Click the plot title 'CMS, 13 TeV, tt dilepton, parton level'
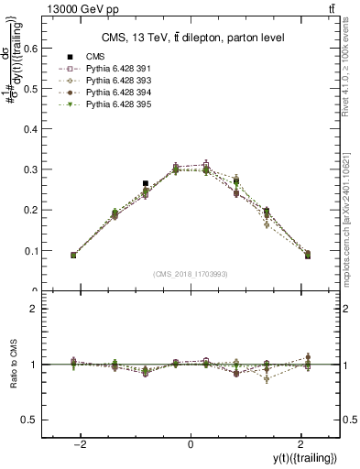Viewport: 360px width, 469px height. [190, 37]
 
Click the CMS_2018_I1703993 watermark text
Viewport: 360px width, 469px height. [190, 274]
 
